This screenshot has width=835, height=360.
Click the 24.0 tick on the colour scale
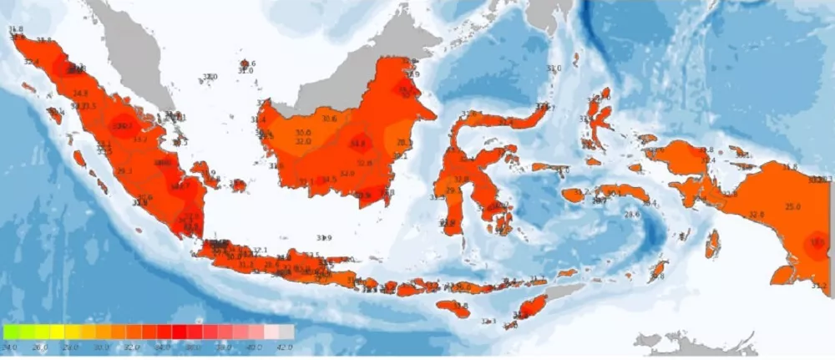coord(10,346)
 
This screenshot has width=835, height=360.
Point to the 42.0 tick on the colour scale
coord(286,346)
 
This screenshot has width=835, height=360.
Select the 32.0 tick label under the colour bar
coord(133,346)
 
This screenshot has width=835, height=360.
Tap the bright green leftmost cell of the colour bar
coord(10,332)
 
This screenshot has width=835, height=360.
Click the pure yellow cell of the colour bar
coord(56,332)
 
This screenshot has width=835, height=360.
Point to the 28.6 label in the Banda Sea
coord(631,215)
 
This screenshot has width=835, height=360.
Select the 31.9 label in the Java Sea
coord(324,238)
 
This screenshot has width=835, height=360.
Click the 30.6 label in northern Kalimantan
coord(329,119)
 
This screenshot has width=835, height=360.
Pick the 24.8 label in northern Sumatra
coord(80,94)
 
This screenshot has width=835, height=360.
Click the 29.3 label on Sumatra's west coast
coord(125,171)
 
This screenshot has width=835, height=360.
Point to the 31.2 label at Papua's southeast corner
coord(818,286)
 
